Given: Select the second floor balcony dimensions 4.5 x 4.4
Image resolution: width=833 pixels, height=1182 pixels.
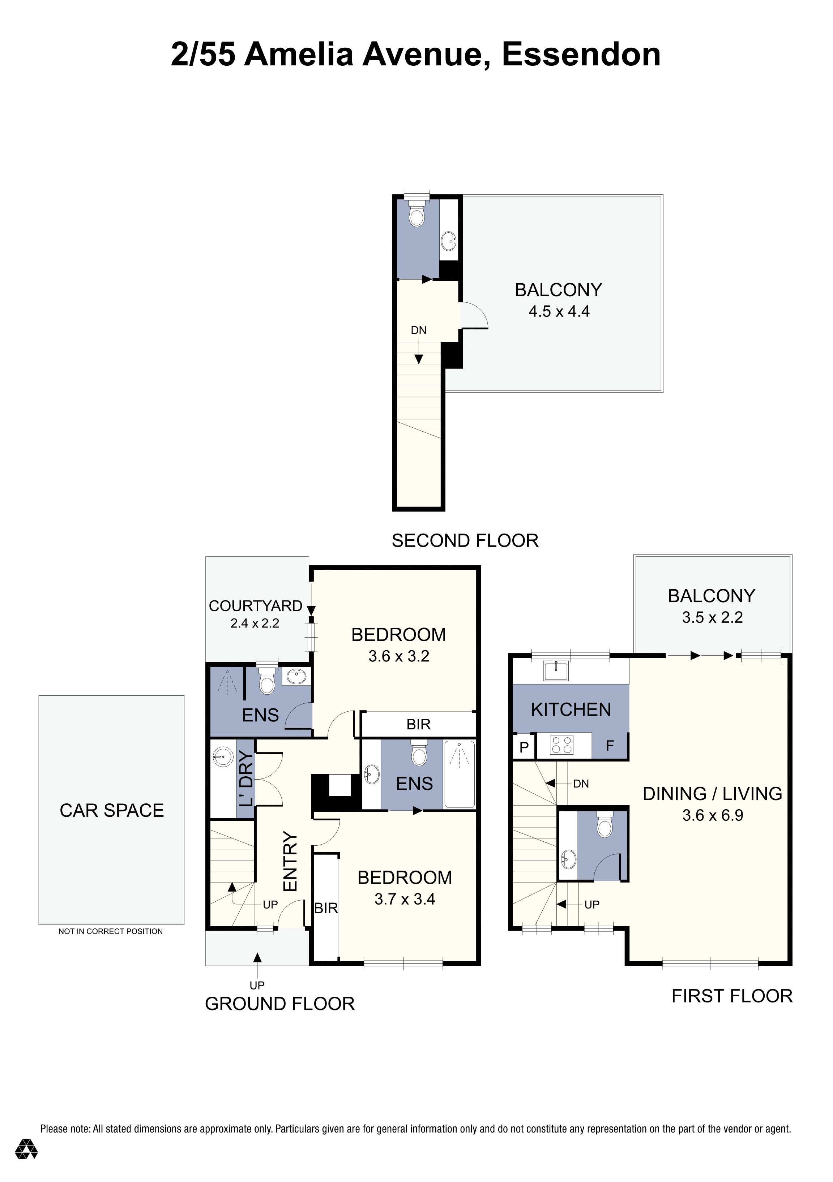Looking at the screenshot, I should pyautogui.click(x=559, y=311).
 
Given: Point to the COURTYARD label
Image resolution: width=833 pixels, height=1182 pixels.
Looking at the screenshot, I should pyautogui.click(x=255, y=606).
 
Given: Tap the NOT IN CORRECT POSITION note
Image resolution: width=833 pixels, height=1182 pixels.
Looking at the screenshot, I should pyautogui.click(x=110, y=931).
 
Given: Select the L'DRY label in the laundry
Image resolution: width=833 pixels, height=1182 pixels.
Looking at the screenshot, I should pyautogui.click(x=246, y=778).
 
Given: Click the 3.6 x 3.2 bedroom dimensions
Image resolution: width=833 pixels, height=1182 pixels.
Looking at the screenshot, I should pyautogui.click(x=399, y=656).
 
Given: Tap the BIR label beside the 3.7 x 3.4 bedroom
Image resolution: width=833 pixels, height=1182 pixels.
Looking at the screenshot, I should pyautogui.click(x=326, y=908).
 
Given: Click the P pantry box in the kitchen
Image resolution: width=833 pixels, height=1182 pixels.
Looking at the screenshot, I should pyautogui.click(x=524, y=747).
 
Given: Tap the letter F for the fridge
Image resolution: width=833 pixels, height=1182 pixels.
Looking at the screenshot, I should pyautogui.click(x=610, y=746).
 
